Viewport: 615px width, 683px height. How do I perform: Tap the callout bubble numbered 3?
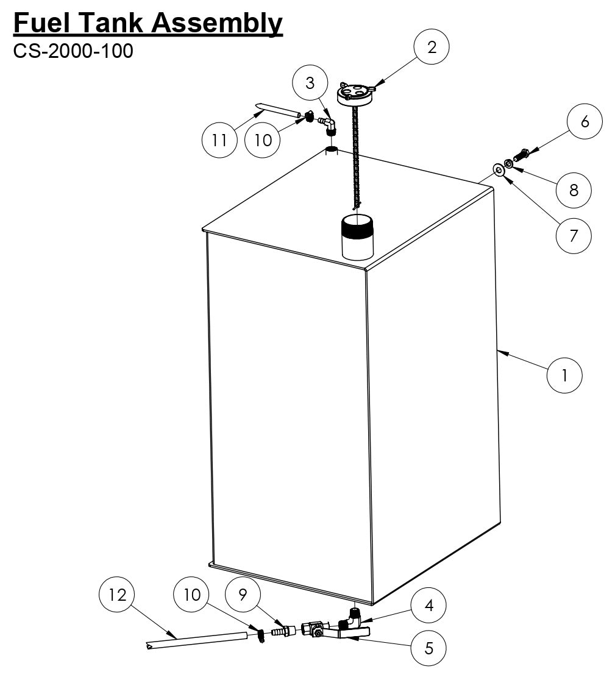tap(310, 83)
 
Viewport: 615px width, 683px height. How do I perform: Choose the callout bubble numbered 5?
tap(428, 648)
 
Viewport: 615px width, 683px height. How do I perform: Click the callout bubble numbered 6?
tap(585, 121)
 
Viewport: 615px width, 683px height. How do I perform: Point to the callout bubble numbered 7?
tap(573, 235)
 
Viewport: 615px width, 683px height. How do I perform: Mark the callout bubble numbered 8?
tap(574, 190)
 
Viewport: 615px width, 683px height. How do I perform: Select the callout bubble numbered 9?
tap(243, 595)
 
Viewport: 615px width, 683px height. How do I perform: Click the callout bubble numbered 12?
tap(117, 595)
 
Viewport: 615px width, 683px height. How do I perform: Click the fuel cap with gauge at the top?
tap(355, 94)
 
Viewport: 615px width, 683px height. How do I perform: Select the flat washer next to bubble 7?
tap(499, 169)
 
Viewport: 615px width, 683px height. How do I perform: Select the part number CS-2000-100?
tap(73, 51)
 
